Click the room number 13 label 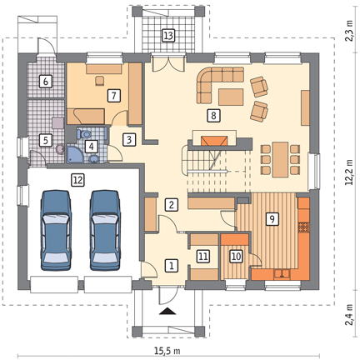(x=168, y=36)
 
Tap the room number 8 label (x=213, y=115)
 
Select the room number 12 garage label (x=77, y=180)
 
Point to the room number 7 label (x=113, y=96)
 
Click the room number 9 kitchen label (x=272, y=219)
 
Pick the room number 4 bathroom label (x=92, y=147)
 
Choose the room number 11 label (x=203, y=256)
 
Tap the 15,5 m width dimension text (x=167, y=351)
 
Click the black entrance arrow (x=167, y=312)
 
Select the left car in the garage (x=56, y=230)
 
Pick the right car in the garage (x=105, y=230)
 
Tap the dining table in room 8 (x=280, y=159)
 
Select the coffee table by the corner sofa (x=231, y=97)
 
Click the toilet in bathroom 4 (x=84, y=135)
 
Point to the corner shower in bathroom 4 (x=73, y=153)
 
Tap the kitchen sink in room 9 (x=282, y=274)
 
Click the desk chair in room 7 (x=100, y=80)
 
